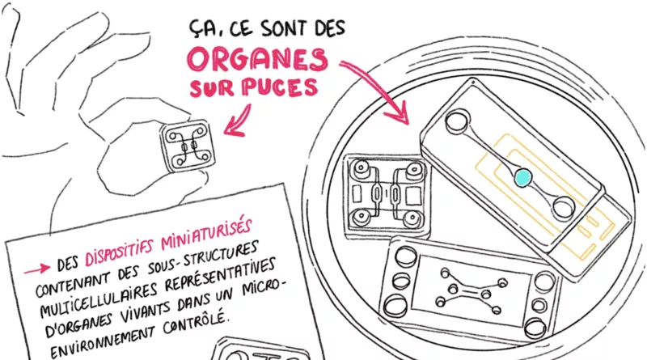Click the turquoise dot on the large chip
522,177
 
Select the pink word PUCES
280,87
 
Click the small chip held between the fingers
188,146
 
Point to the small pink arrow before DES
37,270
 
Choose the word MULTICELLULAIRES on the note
98,297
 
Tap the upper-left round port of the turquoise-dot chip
456,122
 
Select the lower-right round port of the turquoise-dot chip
563,207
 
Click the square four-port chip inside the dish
387,196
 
